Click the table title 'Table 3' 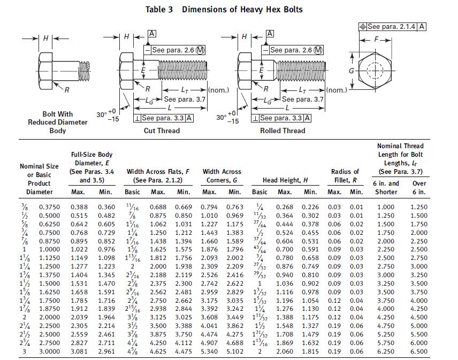click(159, 9)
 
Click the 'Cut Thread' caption click(162, 131)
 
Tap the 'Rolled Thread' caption click(283, 131)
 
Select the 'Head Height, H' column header click(285, 180)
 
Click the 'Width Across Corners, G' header click(222, 176)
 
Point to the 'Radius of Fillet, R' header click(345, 176)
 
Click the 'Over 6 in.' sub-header click(419, 187)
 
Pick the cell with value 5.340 click(209, 351)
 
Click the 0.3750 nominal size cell click(49, 207)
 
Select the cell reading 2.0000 click(49, 317)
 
